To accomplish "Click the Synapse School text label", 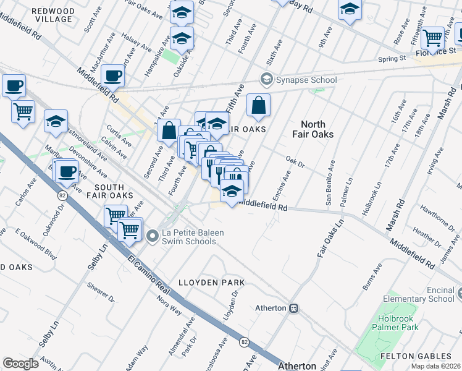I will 306,80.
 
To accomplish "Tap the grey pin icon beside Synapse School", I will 267,79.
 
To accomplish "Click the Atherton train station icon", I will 295,308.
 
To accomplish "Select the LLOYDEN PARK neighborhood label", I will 212,283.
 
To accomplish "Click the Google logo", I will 20,364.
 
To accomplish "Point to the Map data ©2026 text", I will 436,366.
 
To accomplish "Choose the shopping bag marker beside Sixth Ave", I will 258,106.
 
